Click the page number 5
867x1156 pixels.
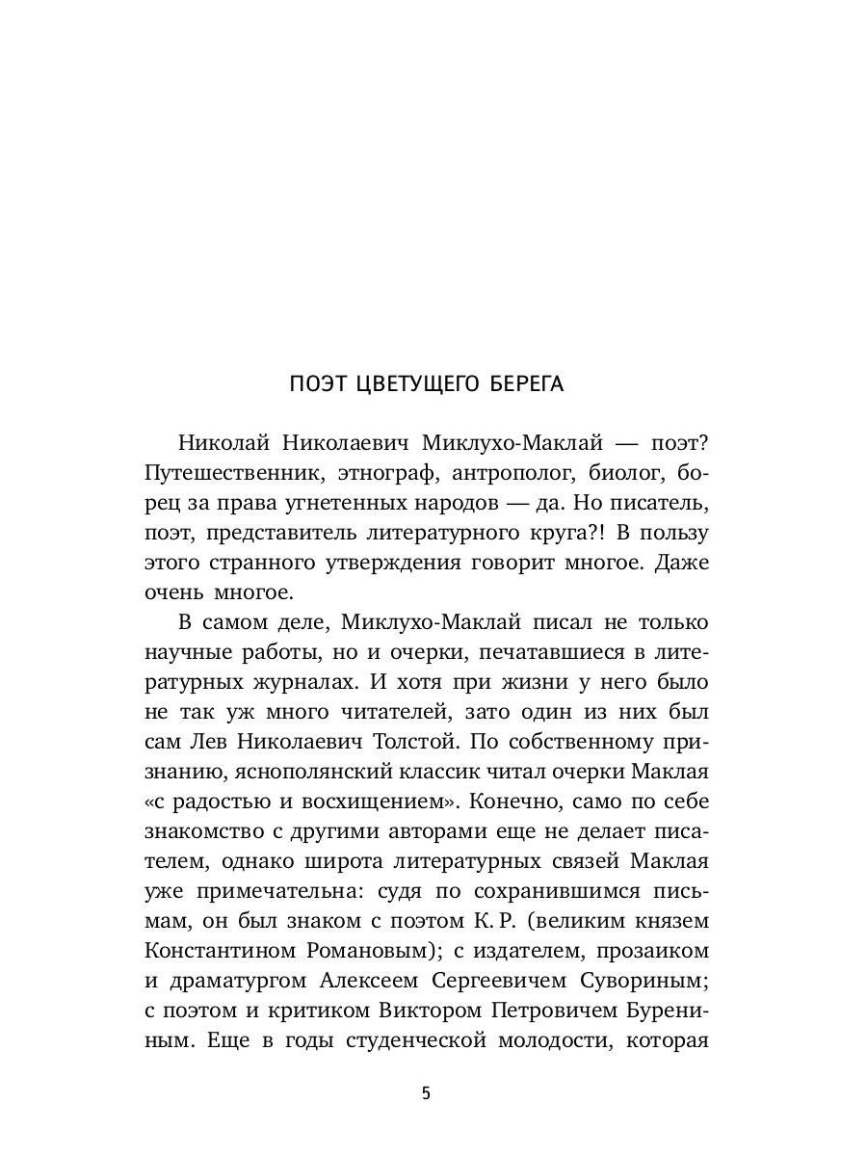(x=427, y=1092)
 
